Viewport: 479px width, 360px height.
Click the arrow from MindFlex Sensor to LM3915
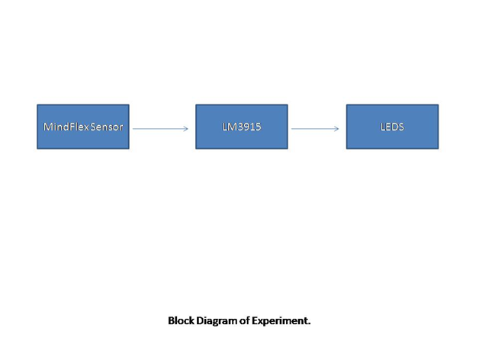(160, 128)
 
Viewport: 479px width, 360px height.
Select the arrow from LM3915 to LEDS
(314, 128)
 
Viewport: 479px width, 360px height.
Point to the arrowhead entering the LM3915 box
(185, 128)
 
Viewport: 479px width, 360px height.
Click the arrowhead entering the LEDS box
(336, 128)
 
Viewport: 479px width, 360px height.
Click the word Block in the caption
(181, 321)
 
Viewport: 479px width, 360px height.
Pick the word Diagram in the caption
(217, 321)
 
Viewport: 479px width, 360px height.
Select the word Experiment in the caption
(281, 321)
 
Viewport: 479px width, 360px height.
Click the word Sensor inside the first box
(107, 127)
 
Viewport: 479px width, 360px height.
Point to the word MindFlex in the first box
(66, 127)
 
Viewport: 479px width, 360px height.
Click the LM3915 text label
(241, 127)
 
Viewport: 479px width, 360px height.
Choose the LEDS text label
(392, 127)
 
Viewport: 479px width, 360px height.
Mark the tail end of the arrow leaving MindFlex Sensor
(134, 128)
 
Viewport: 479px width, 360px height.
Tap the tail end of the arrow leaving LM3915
(292, 128)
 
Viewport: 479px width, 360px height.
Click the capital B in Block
(171, 321)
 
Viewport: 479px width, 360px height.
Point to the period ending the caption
(310, 323)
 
